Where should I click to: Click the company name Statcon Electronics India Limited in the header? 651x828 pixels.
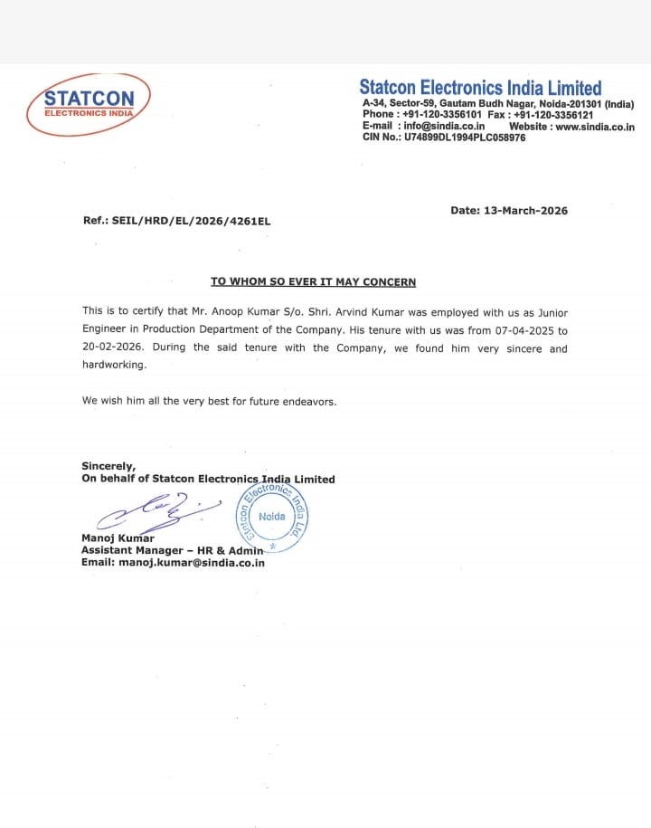click(x=480, y=88)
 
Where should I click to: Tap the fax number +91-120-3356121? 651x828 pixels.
click(x=552, y=115)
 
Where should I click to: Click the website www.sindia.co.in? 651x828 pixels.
click(x=595, y=127)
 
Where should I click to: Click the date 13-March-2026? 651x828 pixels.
click(x=525, y=211)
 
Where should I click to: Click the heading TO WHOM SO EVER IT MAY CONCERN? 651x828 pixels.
click(x=313, y=282)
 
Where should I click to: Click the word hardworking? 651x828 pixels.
click(x=113, y=366)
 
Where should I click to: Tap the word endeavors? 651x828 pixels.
click(x=307, y=400)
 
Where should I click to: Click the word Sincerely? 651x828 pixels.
click(x=108, y=467)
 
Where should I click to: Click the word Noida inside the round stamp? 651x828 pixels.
click(x=271, y=517)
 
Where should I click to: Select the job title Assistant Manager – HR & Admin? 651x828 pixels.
click(x=172, y=550)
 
